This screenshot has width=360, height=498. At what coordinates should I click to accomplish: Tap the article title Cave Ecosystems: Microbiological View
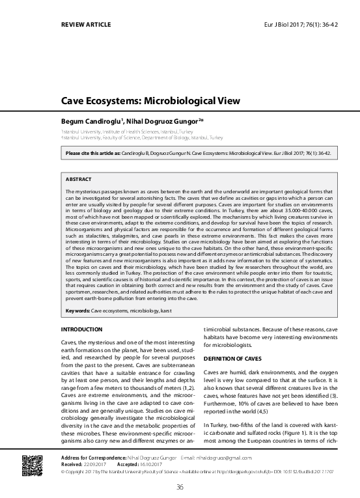150,102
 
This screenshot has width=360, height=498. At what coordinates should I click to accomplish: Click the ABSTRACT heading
79,178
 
